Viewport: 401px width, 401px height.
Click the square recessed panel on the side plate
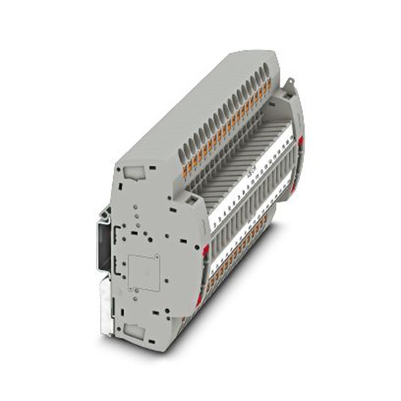point(144,273)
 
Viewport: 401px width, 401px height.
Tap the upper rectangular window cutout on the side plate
point(133,173)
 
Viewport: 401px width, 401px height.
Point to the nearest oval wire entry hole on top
point(182,151)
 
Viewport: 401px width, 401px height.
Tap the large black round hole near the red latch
point(198,247)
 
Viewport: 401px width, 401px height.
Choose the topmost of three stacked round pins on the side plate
point(136,207)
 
